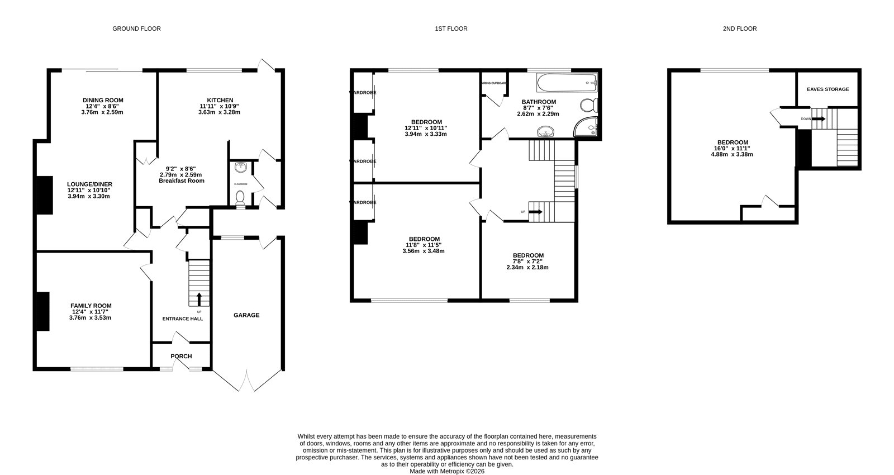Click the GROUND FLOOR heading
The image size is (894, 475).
(x=136, y=28)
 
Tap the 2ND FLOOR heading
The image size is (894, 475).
(x=739, y=28)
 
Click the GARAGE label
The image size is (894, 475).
(x=246, y=315)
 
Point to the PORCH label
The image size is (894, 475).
(x=181, y=357)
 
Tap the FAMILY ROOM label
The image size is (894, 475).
(x=91, y=306)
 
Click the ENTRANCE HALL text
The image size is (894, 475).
(x=183, y=319)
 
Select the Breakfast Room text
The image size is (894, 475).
(x=181, y=181)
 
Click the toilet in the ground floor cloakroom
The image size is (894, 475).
(x=240, y=198)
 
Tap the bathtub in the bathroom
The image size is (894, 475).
(x=567, y=84)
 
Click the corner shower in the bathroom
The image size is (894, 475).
(x=587, y=128)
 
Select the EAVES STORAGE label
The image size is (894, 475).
(x=828, y=89)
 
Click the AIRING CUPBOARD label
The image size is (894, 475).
(x=494, y=83)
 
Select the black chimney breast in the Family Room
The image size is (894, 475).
(x=42, y=311)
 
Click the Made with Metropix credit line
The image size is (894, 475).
(x=447, y=471)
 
